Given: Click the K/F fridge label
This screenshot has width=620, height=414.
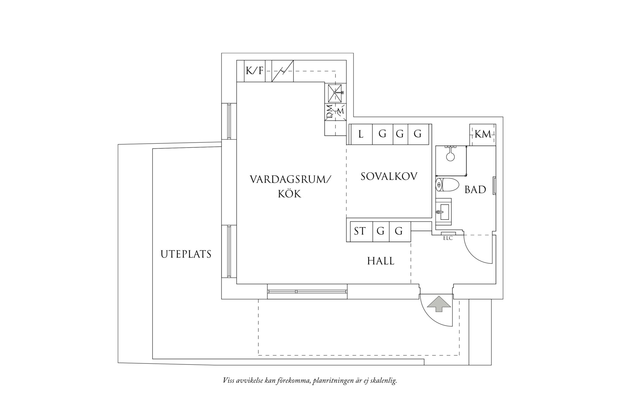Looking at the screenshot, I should [x=254, y=71].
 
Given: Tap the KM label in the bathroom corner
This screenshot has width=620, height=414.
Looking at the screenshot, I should [x=482, y=134].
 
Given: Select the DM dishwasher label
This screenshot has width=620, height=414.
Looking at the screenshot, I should [x=329, y=112].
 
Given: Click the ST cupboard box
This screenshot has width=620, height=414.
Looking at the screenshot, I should [x=360, y=231].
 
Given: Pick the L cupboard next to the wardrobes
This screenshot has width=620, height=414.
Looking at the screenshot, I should [x=361, y=134].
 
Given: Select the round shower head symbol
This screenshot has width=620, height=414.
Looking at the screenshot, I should [x=451, y=157].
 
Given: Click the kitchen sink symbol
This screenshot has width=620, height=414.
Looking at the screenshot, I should [x=336, y=93].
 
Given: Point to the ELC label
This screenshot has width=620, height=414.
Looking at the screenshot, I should [x=448, y=238].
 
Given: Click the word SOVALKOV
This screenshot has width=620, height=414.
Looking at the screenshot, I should [x=389, y=176].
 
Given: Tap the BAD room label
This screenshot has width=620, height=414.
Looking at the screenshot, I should [x=475, y=190].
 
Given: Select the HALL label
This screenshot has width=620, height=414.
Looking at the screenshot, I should [x=381, y=261].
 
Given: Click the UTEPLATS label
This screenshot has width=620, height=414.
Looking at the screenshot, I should [x=186, y=254].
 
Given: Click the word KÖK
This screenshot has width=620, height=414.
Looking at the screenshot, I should [x=289, y=194].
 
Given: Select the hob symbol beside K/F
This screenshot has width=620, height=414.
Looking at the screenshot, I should [x=282, y=71].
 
